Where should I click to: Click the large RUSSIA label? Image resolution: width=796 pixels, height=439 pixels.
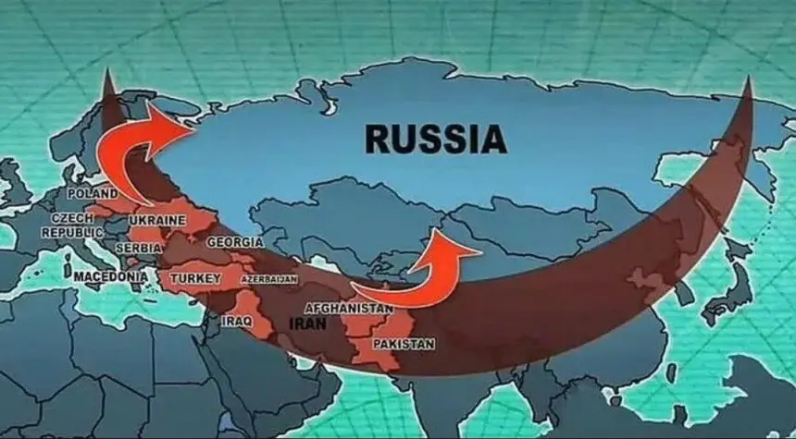[x=435, y=140]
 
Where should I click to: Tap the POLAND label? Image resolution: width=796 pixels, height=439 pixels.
[x=93, y=194]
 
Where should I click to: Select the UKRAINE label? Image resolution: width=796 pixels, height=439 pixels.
[x=157, y=221]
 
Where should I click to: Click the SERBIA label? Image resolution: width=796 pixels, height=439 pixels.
[x=140, y=248]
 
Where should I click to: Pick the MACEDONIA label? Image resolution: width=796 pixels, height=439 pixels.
[x=110, y=276]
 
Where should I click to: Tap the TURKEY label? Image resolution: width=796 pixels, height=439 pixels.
[x=194, y=277]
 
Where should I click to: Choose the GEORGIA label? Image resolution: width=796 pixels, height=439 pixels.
[x=230, y=242]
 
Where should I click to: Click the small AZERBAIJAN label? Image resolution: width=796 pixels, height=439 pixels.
[x=269, y=278]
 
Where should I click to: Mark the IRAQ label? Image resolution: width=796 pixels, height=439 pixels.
[x=235, y=321]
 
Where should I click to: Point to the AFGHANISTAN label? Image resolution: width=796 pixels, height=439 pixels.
[x=348, y=308]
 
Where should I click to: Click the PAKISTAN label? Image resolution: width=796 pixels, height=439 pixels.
[x=403, y=344]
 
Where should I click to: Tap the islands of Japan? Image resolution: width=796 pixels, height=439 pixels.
[x=736, y=277]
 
